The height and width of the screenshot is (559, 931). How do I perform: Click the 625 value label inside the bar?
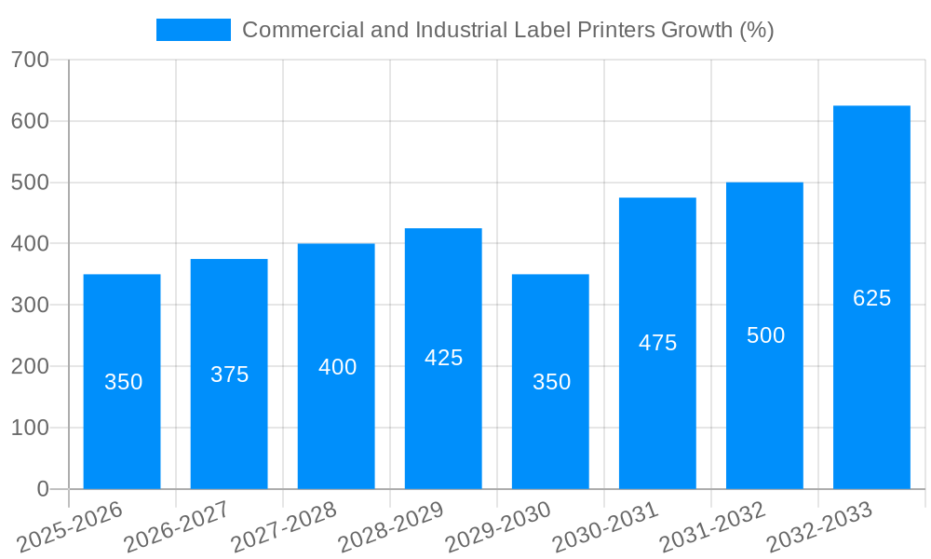point(871,298)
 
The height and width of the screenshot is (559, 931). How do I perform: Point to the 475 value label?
point(657,343)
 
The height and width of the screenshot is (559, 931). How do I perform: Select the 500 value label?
point(765,335)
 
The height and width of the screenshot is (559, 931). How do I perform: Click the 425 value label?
point(443,358)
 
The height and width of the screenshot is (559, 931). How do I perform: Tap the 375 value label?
point(229,375)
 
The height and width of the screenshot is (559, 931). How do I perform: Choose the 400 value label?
point(337,367)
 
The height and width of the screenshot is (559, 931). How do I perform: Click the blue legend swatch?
point(193,30)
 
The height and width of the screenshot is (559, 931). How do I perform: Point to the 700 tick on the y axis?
point(31,61)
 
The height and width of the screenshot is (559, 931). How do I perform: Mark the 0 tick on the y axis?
point(43,489)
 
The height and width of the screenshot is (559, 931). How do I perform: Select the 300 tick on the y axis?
point(31,306)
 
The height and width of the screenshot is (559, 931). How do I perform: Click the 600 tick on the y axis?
point(31,121)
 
